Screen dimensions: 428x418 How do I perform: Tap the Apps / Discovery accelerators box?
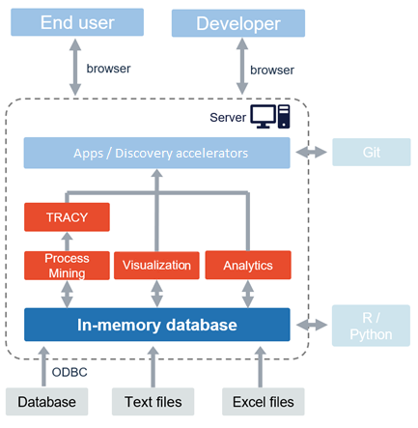pyautogui.click(x=156, y=153)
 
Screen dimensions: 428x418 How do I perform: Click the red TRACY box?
pyautogui.click(x=67, y=217)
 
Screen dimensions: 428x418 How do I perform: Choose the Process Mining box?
pyautogui.click(x=67, y=266)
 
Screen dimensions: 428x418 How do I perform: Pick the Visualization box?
pyautogui.click(x=156, y=266)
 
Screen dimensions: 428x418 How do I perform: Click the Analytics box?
pyautogui.click(x=247, y=266)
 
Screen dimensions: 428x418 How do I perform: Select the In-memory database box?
pyautogui.click(x=156, y=325)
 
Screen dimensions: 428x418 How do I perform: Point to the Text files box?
pyautogui.click(x=155, y=401)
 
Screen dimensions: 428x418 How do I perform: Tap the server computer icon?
pyautogui.click(x=270, y=117)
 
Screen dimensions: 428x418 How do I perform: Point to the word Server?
pyautogui.click(x=228, y=118)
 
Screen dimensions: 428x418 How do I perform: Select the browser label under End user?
pyautogui.click(x=108, y=69)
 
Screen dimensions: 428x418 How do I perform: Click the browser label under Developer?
pyautogui.click(x=271, y=70)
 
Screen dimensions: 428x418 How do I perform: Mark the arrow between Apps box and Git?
pyautogui.click(x=311, y=153)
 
